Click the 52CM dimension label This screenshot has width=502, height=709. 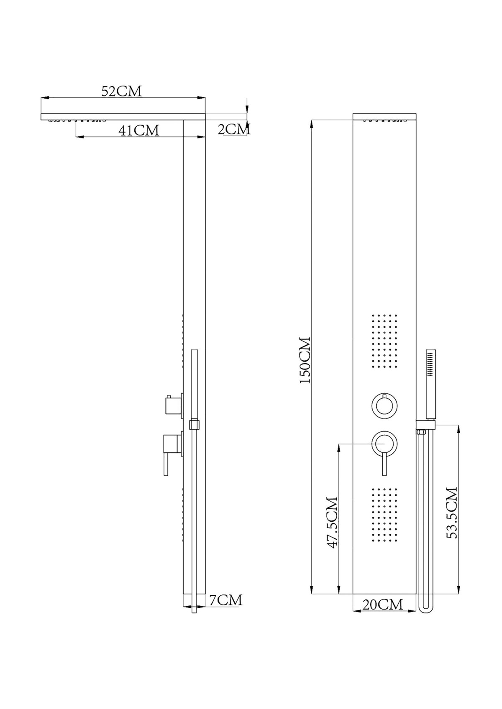[122, 91]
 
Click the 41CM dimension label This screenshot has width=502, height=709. [139, 130]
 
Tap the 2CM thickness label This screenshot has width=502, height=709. [234, 129]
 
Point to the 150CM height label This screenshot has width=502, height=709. [305, 360]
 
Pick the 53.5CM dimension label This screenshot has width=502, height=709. [452, 513]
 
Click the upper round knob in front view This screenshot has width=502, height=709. [384, 406]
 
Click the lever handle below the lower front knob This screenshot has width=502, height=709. [384, 465]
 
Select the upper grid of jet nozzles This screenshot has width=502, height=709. [384, 341]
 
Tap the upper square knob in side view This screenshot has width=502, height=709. [173, 405]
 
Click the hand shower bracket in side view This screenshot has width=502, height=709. [194, 425]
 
